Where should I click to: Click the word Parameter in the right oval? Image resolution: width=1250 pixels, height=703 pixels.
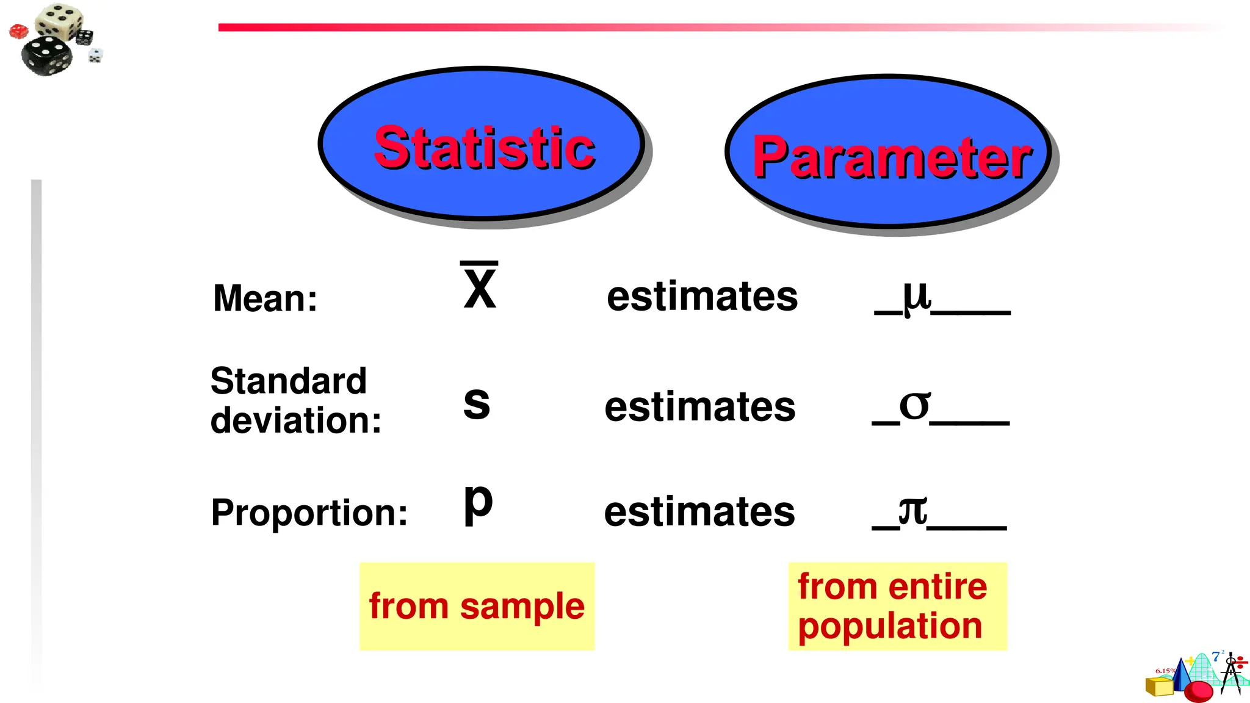pos(892,157)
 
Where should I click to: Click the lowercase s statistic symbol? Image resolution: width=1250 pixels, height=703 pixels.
pos(477,403)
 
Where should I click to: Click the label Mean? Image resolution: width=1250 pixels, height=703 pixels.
pos(265,298)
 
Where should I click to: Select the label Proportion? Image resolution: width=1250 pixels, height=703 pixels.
pos(309,512)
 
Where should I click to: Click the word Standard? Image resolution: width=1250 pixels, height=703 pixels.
pos(288,381)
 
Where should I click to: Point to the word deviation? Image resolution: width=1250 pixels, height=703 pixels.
pos(296,420)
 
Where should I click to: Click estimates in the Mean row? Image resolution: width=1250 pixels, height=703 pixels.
pos(702,297)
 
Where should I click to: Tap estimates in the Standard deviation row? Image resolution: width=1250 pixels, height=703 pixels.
pos(700,407)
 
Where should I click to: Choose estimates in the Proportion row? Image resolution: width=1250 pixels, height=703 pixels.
pos(699,512)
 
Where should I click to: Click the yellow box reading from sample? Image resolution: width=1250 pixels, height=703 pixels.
pos(477,606)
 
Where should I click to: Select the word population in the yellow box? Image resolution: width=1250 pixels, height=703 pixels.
pos(890,626)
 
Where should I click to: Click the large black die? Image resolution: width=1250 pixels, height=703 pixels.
pos(46,56)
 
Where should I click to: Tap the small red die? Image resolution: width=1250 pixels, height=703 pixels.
pos(18,31)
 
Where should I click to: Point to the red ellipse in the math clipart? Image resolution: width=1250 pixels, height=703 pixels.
pos(1198,691)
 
